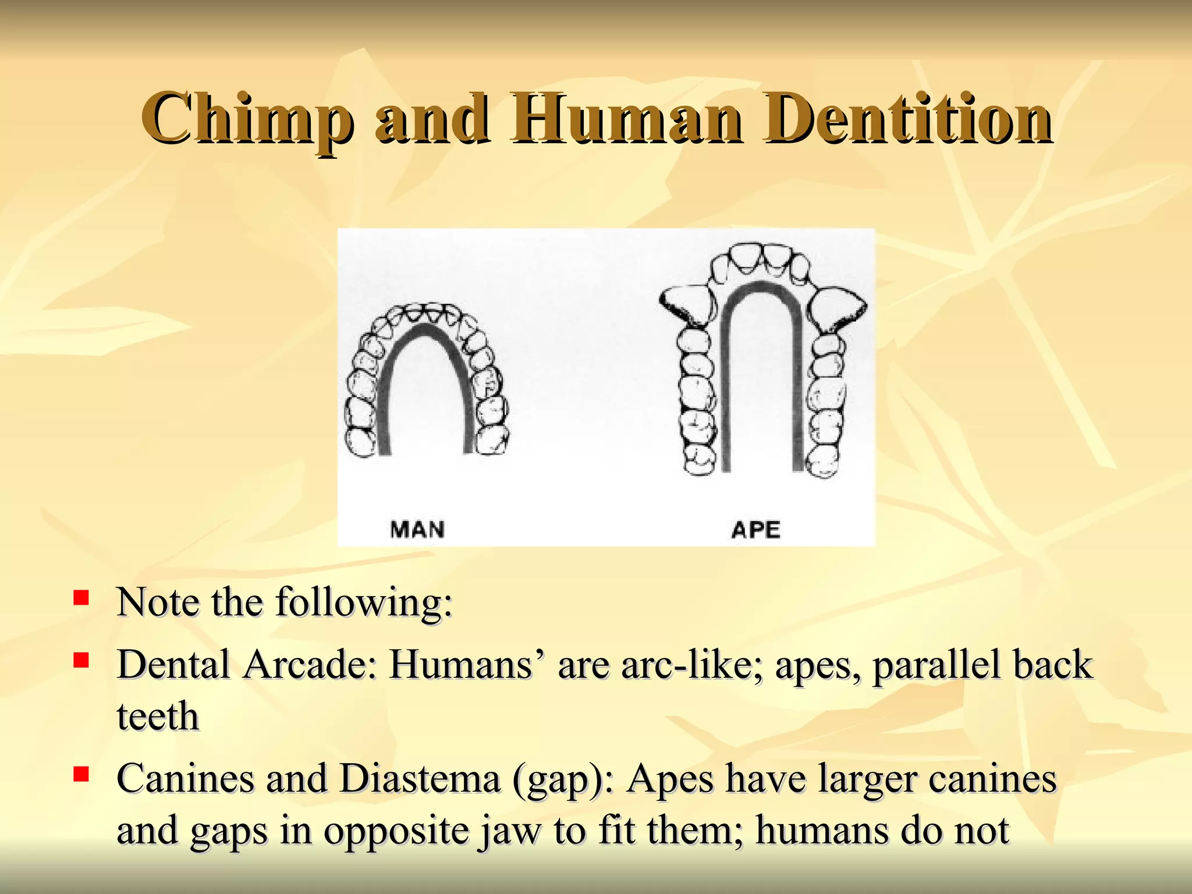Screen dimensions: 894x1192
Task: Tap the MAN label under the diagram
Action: click(417, 529)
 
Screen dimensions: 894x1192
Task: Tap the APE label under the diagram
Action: click(755, 529)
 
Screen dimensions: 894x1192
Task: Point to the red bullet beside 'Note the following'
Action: click(81, 598)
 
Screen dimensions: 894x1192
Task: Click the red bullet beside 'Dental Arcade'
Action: click(81, 660)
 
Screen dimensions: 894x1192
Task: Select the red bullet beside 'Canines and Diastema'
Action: click(81, 775)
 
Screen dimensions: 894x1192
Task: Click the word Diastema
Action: click(420, 779)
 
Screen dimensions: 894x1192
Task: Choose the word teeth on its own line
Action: click(158, 716)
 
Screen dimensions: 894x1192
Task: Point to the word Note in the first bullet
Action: click(158, 602)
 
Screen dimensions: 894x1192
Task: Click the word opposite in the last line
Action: click(396, 831)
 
